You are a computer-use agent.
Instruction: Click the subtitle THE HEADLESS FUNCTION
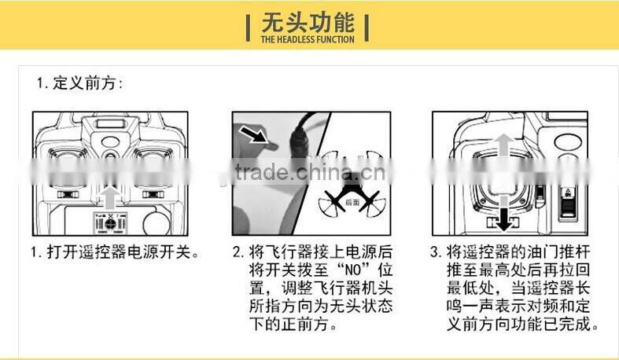pos(308,39)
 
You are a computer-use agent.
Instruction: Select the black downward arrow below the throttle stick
pos(500,215)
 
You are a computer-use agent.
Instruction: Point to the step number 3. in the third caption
pos(435,253)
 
